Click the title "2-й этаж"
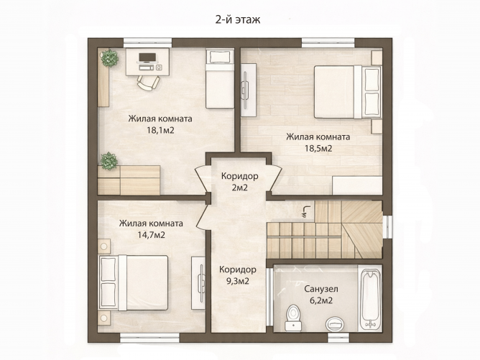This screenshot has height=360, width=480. [238, 19]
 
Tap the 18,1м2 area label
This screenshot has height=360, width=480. [160, 130]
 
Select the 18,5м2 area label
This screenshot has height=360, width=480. [318, 149]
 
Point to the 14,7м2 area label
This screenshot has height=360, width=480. [151, 235]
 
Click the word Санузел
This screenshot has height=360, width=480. [321, 289]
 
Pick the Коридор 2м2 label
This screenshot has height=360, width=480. [240, 182]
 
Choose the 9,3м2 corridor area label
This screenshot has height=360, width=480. [238, 281]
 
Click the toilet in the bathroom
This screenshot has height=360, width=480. [293, 317]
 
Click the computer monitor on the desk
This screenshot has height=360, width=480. [147, 57]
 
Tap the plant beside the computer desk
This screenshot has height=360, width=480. [110, 58]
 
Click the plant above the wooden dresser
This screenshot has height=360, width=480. [109, 161]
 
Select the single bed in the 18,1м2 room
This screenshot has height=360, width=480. [220, 79]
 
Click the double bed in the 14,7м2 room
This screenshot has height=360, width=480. [133, 283]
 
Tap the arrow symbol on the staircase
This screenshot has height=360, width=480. [307, 212]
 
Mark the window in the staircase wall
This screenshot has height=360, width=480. [387, 227]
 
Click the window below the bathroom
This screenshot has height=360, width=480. [338, 338]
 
